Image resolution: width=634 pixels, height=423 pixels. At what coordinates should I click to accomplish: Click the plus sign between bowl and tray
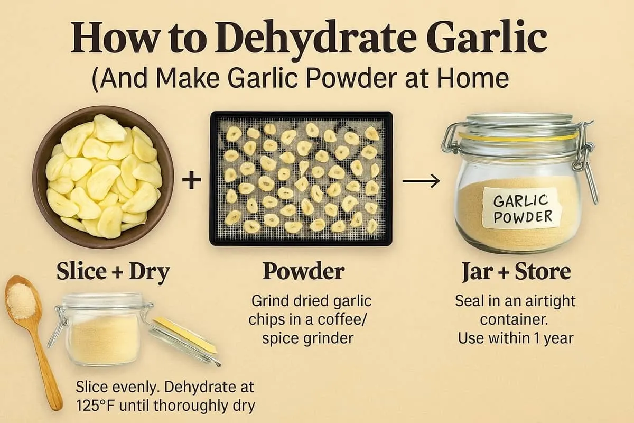[x=191, y=181]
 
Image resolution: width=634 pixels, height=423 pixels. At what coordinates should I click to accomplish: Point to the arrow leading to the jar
[x=421, y=181]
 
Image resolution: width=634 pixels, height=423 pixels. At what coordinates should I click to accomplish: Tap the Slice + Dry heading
[x=113, y=272]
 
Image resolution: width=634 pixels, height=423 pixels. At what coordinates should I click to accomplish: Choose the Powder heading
[x=303, y=272]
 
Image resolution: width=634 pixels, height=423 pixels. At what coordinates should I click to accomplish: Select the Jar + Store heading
[x=516, y=272]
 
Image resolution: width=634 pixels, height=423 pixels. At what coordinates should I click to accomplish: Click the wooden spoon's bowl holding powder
[x=22, y=300]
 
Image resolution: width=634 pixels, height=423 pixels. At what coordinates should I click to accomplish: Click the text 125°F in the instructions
[x=96, y=406]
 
